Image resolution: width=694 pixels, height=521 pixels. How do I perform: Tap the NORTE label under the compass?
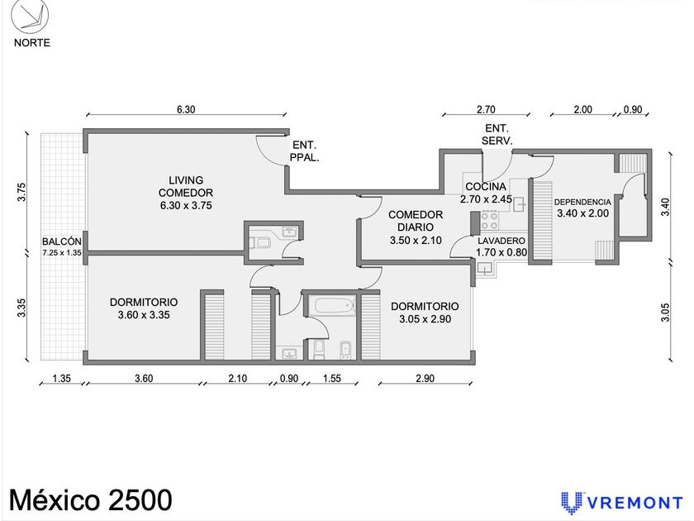tap(32, 43)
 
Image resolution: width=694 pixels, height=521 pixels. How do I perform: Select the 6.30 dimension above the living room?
tap(186, 109)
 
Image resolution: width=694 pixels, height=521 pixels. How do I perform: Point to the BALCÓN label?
tap(62, 241)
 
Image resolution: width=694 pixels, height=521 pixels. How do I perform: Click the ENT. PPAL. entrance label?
tap(305, 151)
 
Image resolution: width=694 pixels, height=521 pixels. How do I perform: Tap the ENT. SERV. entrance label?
tap(497, 135)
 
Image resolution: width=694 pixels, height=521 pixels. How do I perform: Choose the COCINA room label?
tap(486, 187)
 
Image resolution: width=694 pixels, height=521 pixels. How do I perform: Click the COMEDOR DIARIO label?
tap(416, 221)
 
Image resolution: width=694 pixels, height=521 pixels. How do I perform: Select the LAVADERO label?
tap(501, 241)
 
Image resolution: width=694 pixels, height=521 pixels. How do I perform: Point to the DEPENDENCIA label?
tap(582, 202)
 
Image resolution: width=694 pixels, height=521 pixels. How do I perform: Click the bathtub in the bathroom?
tap(335, 306)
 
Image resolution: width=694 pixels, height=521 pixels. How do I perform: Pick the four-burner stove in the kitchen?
tap(490, 220)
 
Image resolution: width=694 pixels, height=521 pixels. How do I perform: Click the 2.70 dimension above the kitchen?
tap(486, 109)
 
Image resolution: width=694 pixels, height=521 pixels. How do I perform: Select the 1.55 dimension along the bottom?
tap(332, 379)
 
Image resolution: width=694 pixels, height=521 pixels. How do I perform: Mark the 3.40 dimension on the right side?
tap(665, 207)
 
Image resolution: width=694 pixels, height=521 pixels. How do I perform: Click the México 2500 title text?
tap(91, 500)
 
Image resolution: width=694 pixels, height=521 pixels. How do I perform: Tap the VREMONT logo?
tap(622, 503)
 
